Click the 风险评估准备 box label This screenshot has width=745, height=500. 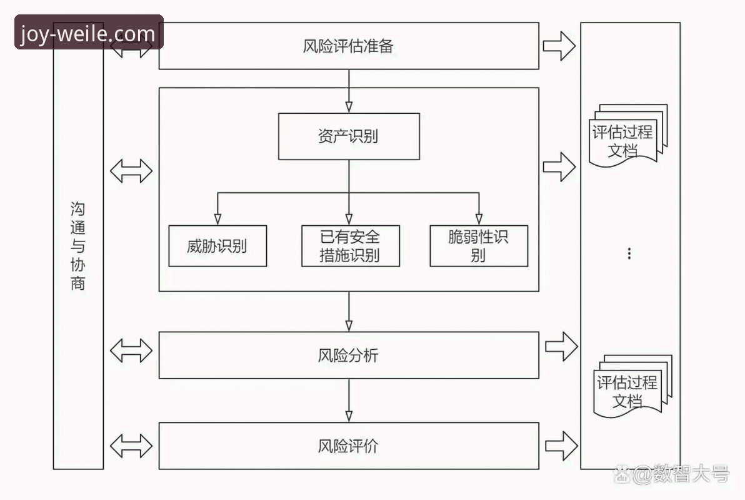coord(348,46)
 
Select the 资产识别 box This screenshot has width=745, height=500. coord(348,136)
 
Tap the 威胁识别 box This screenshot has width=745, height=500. coord(217,246)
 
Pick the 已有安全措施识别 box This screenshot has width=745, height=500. coord(350,246)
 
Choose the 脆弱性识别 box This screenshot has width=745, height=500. coord(479,246)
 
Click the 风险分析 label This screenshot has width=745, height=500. coord(348,355)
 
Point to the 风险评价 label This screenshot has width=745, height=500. coord(348,446)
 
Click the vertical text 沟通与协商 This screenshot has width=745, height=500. coord(78,246)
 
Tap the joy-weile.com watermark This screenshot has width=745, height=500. coord(88,33)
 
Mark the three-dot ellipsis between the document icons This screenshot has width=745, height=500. coord(629,253)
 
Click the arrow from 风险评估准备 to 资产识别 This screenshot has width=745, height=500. coord(349,91)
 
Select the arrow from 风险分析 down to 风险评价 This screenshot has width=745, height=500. coord(349,401)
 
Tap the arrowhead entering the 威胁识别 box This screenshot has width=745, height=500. coord(217,218)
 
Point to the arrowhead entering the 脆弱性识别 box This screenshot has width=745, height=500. coord(479,218)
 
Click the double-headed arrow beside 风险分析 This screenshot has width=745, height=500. coord(131,350)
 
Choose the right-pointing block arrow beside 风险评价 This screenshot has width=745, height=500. coord(561,446)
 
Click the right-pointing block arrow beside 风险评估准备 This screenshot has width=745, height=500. coord(558,46)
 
